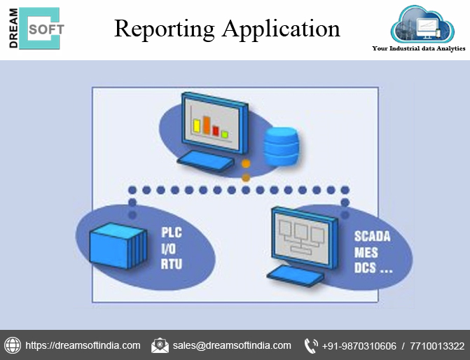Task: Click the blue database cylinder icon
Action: click(x=281, y=145)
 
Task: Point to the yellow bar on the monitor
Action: click(x=198, y=125)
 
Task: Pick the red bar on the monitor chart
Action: click(x=216, y=130)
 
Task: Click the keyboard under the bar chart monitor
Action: click(x=205, y=160)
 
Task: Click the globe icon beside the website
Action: click(x=13, y=345)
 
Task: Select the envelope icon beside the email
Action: click(x=160, y=345)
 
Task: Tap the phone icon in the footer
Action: click(x=311, y=345)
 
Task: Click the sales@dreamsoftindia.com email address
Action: click(x=232, y=345)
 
